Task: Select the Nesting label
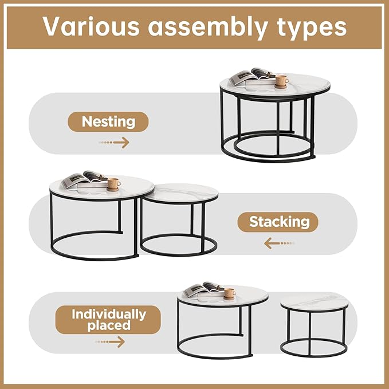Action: pyautogui.click(x=108, y=121)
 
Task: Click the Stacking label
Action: pyautogui.click(x=279, y=222)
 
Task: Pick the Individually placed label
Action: pyautogui.click(x=108, y=320)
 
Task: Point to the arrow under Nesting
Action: pyautogui.click(x=114, y=143)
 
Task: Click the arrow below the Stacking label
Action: pyautogui.click(x=279, y=243)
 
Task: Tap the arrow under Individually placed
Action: pyautogui.click(x=109, y=342)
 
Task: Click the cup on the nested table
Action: pyautogui.click(x=281, y=80)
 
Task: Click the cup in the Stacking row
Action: pyautogui.click(x=113, y=183)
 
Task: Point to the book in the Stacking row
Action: pyautogui.click(x=84, y=180)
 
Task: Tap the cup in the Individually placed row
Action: pyautogui.click(x=229, y=293)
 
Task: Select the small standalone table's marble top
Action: pyautogui.click(x=315, y=301)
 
